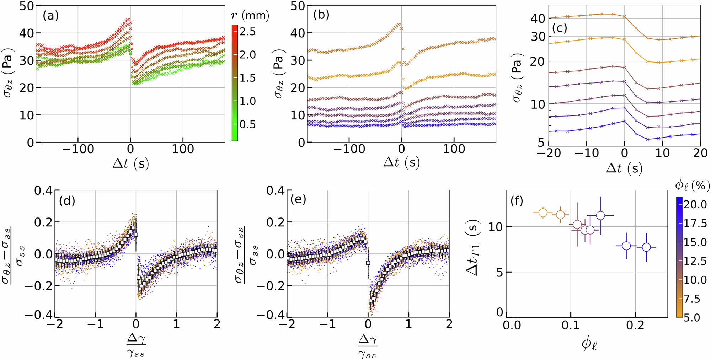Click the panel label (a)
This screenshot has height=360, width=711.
coord(50,16)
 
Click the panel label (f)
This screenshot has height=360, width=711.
coord(517,201)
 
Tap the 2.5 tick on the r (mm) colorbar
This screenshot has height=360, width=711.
coord(247,32)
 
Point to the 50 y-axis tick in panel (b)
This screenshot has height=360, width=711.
coord(298,6)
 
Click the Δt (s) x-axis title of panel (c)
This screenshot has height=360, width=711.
coord(624,168)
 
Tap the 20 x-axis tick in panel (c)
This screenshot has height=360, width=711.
coord(700,153)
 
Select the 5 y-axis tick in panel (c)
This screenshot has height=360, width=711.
coord(541,143)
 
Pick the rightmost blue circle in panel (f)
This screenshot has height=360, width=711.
coord(646,247)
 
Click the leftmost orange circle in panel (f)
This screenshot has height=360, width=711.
coord(543,213)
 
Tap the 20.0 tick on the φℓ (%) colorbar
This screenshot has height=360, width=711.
coord(695,204)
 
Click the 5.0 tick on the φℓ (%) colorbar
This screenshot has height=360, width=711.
coord(695,317)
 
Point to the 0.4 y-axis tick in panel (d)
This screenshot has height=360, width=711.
coord(43,190)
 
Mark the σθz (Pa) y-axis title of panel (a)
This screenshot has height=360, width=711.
coord(9,75)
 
